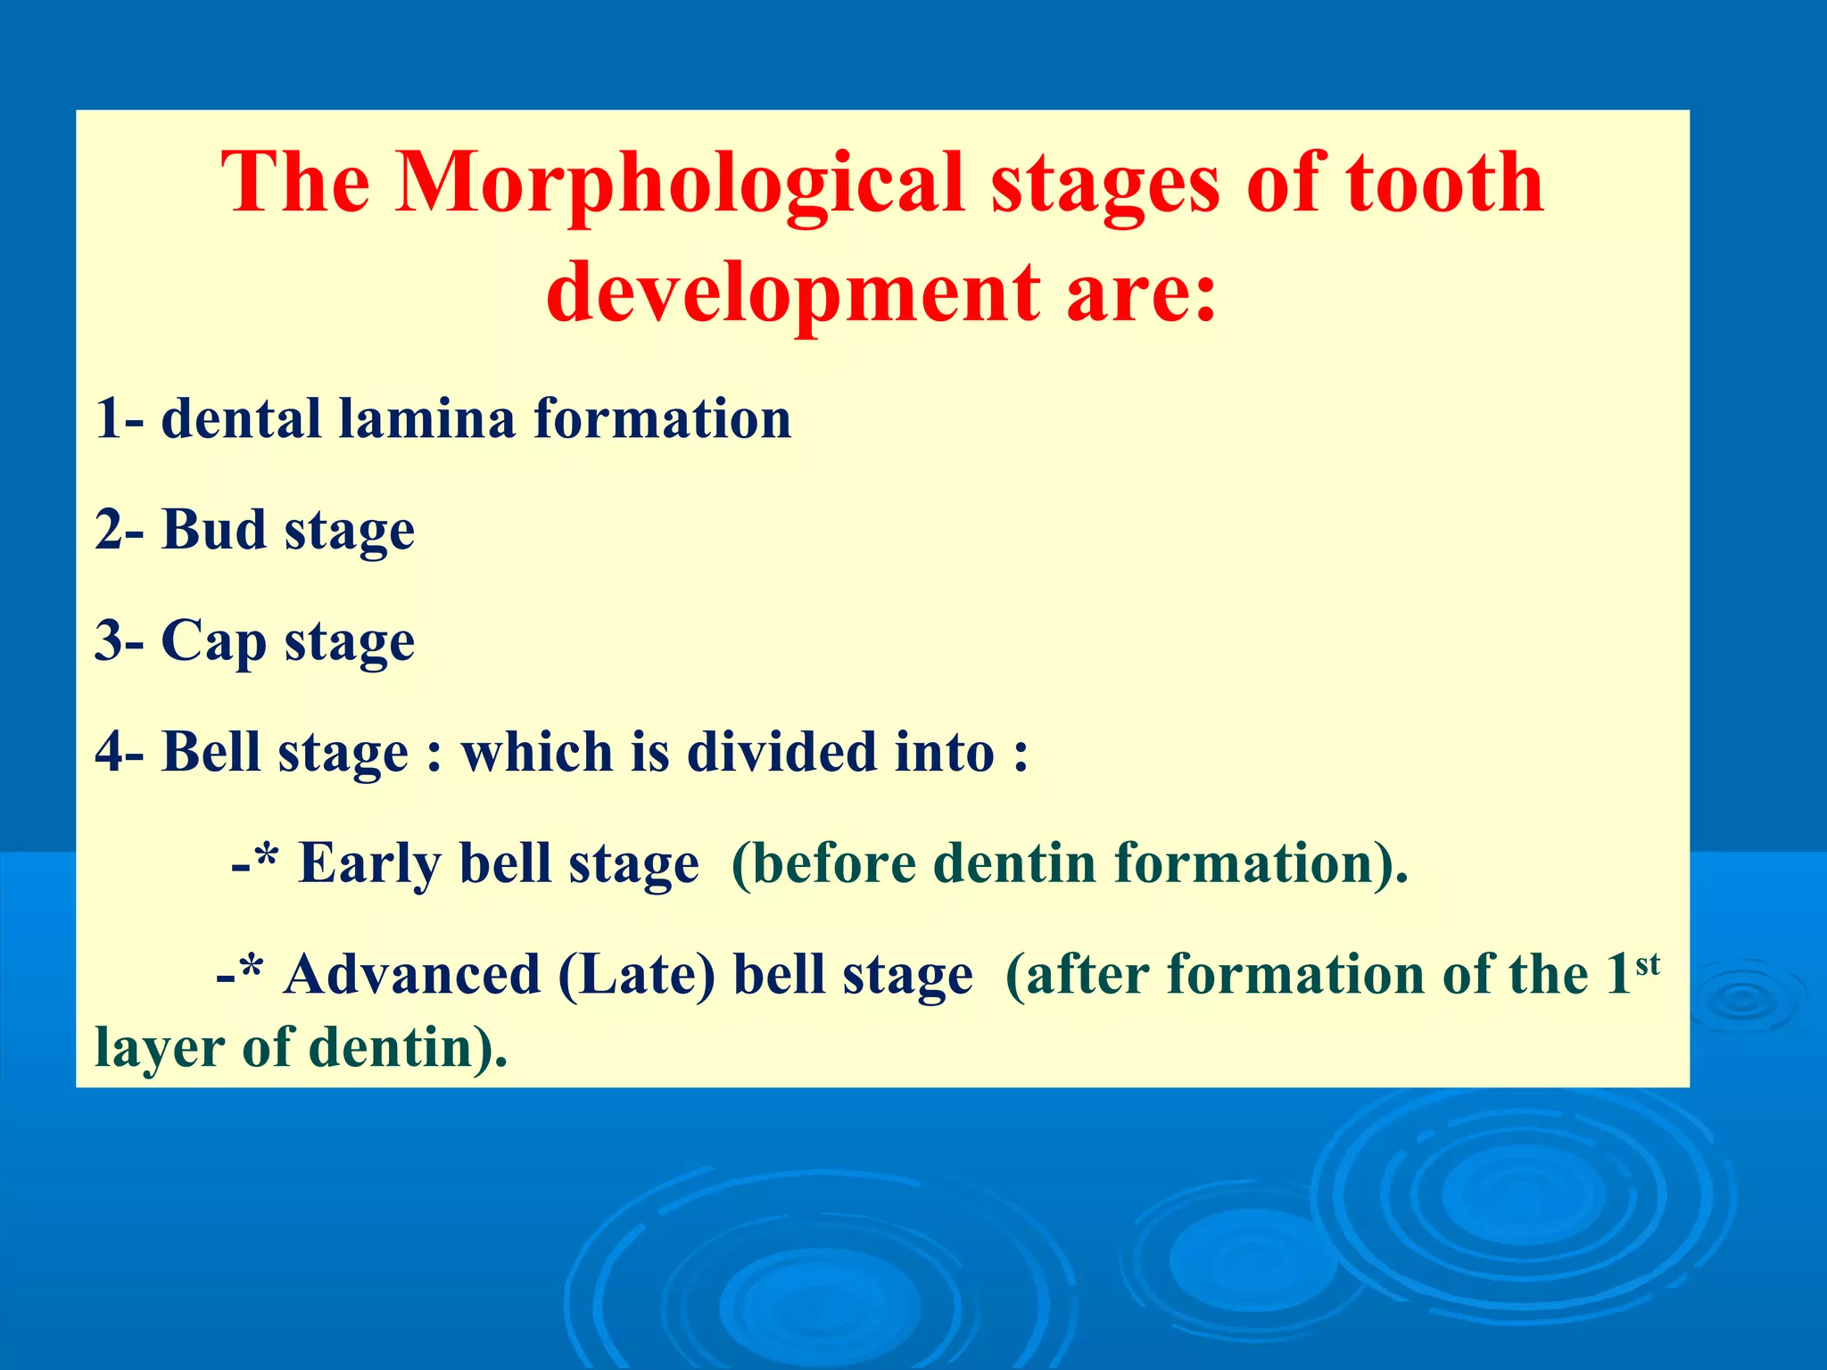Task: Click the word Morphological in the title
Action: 678,183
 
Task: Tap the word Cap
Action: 213,642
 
